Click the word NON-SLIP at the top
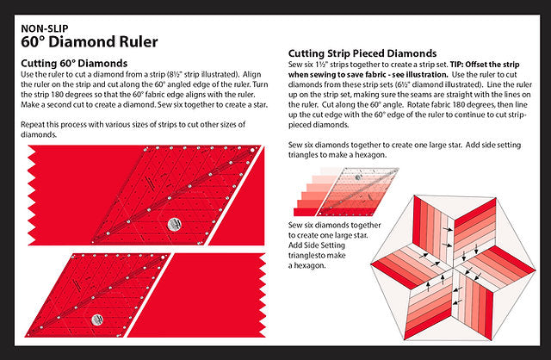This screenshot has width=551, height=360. click(41, 28)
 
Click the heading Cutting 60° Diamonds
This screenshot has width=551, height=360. click(73, 64)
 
